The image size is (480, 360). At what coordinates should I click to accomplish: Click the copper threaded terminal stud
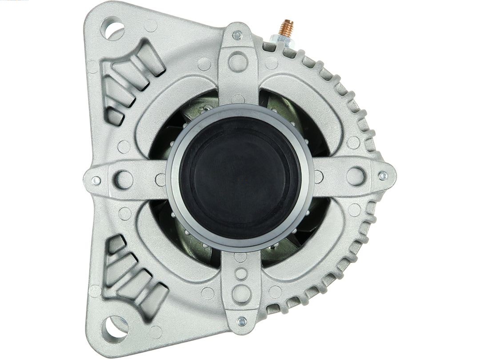point(286,29)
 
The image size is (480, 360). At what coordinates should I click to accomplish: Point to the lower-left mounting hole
point(114,328)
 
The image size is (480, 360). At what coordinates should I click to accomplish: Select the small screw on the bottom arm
point(241,320)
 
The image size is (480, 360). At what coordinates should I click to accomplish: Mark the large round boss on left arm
point(124,180)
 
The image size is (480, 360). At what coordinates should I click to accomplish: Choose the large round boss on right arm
point(356,176)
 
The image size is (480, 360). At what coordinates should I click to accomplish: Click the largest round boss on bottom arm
point(241,293)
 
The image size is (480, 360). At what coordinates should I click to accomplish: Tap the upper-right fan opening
point(289,116)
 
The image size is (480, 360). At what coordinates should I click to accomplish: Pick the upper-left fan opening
point(187,118)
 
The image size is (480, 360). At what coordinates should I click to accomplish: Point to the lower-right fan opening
point(293,240)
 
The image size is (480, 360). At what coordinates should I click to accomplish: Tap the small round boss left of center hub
point(160,180)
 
